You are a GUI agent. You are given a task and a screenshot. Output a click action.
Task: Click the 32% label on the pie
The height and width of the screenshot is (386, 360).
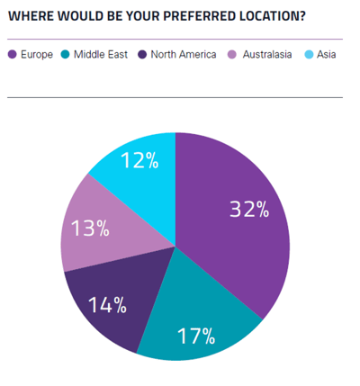[248, 210]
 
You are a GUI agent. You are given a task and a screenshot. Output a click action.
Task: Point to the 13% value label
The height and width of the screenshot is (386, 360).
[90, 229]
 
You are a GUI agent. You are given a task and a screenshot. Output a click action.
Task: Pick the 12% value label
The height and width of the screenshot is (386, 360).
[139, 161]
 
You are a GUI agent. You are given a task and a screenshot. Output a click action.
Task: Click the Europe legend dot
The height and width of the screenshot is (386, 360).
[13, 55]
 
